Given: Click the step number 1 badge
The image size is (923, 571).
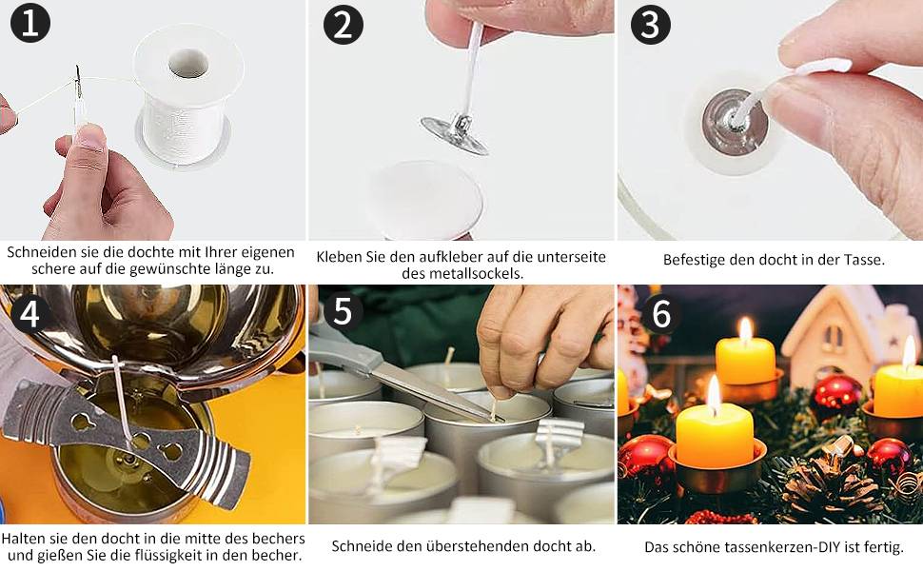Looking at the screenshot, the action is coord(30,23).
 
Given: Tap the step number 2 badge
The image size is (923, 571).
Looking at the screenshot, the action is coord(344,24).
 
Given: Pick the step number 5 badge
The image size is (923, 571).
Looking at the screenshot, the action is coord(342,310).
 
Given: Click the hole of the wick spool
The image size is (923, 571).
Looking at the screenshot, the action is coord(188,64).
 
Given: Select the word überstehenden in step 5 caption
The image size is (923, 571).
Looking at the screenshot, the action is coord(478,546).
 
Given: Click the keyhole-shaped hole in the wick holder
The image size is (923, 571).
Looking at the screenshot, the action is coord(82,421).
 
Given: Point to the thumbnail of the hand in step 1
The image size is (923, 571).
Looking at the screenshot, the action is coord(89,137).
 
